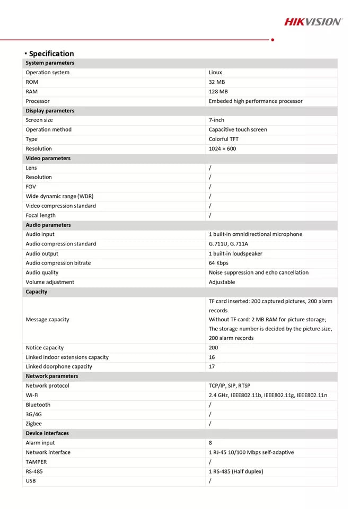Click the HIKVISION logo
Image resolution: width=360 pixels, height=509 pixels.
(313, 22)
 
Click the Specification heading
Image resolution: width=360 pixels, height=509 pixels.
(51, 54)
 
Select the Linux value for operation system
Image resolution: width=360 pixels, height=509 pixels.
(215, 73)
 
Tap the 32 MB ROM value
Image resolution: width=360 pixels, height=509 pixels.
(217, 82)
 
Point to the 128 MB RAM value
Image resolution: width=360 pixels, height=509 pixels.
(218, 92)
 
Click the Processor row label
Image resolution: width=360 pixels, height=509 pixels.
(38, 101)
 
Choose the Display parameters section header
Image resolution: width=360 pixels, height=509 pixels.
(50, 111)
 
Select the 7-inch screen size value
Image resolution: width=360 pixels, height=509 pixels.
(216, 120)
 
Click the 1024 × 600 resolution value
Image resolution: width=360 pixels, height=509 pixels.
(222, 149)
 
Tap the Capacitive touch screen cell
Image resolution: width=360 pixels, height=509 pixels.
(238, 130)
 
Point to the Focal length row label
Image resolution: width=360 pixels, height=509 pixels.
(40, 215)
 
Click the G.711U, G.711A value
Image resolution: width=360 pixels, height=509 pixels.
(228, 244)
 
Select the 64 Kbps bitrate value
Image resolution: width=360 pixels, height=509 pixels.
(218, 263)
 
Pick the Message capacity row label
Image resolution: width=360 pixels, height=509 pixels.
(47, 320)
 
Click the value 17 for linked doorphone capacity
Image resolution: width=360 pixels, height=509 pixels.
(212, 366)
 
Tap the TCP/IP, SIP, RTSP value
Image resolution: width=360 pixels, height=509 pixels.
(229, 385)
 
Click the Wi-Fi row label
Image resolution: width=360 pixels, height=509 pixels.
(32, 395)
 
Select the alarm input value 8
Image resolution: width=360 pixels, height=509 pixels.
(210, 443)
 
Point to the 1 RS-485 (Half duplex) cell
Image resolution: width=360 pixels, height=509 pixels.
(235, 471)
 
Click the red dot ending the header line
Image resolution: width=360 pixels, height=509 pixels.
(273, 39)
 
